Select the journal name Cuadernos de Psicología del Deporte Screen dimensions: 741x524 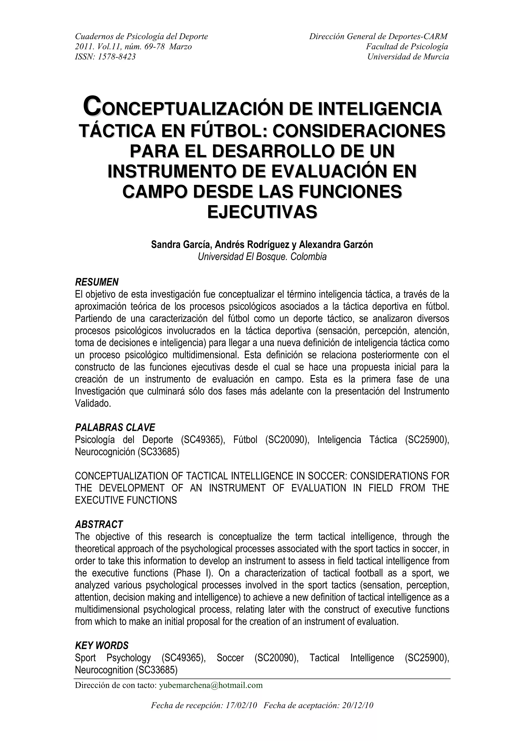(141, 37)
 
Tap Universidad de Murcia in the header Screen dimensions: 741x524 (408, 57)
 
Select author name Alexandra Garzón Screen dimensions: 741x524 (336, 245)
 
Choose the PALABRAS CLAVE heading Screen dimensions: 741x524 (115, 428)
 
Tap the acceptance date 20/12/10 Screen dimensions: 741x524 (358, 705)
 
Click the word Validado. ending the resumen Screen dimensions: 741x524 (93, 404)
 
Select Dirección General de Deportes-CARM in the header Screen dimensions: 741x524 (378, 37)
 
